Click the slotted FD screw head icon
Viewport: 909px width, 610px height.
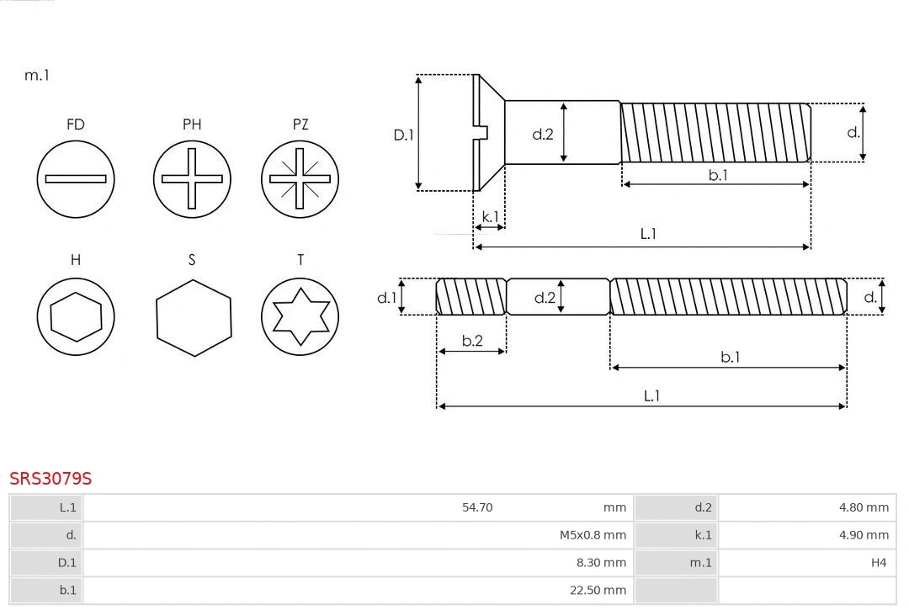[x=76, y=178]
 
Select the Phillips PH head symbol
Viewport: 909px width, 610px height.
[x=192, y=178]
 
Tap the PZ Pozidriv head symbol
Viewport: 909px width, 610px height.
[x=300, y=178]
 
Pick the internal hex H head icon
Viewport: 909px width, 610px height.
[x=76, y=316]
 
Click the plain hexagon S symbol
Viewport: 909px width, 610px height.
[x=193, y=317]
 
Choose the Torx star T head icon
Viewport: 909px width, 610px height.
[x=300, y=316]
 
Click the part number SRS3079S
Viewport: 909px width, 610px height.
[x=50, y=479]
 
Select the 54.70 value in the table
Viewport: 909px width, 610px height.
[x=477, y=507]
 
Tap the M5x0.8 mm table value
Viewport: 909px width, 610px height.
[x=593, y=535]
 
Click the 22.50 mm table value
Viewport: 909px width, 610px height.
[x=598, y=591]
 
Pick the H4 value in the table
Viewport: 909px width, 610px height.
[x=879, y=563]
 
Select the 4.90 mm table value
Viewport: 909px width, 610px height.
[x=864, y=535]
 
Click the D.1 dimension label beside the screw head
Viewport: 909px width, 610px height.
[x=404, y=135]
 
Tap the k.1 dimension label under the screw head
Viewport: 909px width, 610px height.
[x=490, y=217]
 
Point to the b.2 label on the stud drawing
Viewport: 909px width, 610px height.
[x=472, y=341]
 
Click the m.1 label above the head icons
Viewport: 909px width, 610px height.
[x=37, y=75]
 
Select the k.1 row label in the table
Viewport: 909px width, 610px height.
[x=703, y=535]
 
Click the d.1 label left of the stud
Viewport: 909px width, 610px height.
[x=386, y=297]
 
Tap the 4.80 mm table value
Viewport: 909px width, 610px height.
[x=864, y=507]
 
